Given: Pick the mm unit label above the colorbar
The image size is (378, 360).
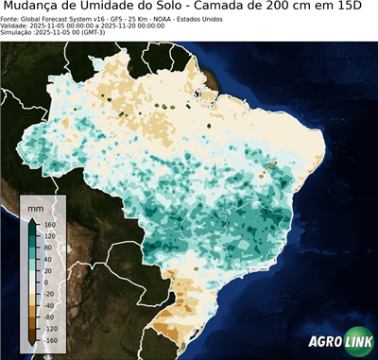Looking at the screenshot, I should [35, 206].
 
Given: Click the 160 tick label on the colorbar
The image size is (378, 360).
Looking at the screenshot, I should [50, 226].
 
